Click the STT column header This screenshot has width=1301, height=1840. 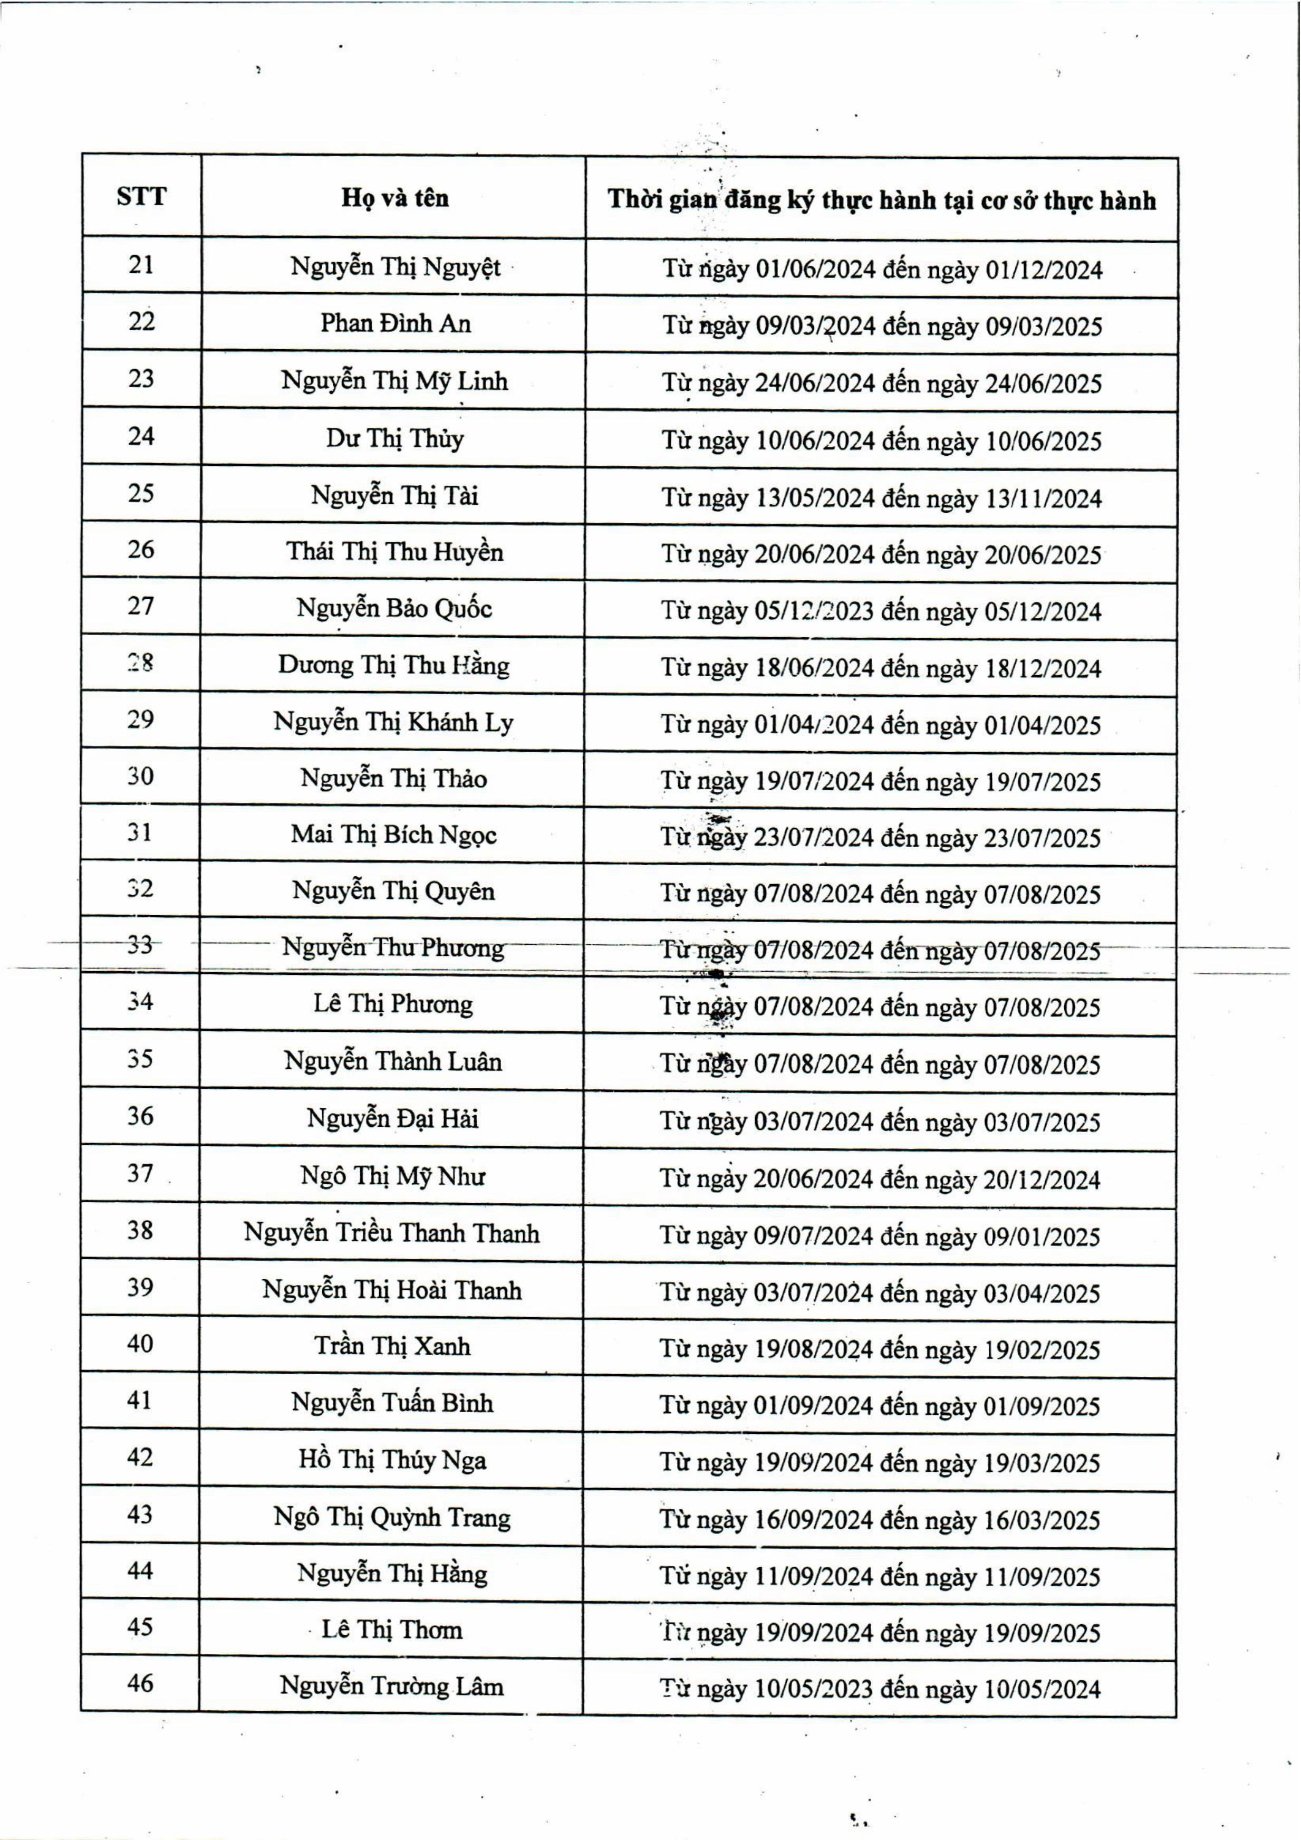coord(141,196)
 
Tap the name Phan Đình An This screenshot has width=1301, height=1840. coord(395,323)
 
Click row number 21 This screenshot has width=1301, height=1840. coord(141,264)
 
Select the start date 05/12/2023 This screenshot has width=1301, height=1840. coord(813,611)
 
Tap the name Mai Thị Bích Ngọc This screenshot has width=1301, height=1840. coord(393,835)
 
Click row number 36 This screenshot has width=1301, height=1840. coord(140,1116)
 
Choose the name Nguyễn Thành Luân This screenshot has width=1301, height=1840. coord(392,1062)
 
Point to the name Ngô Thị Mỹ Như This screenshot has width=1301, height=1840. coord(392,1176)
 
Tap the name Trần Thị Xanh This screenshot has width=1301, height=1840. coord(392,1346)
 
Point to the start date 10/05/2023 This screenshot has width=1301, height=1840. coord(812,1689)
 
